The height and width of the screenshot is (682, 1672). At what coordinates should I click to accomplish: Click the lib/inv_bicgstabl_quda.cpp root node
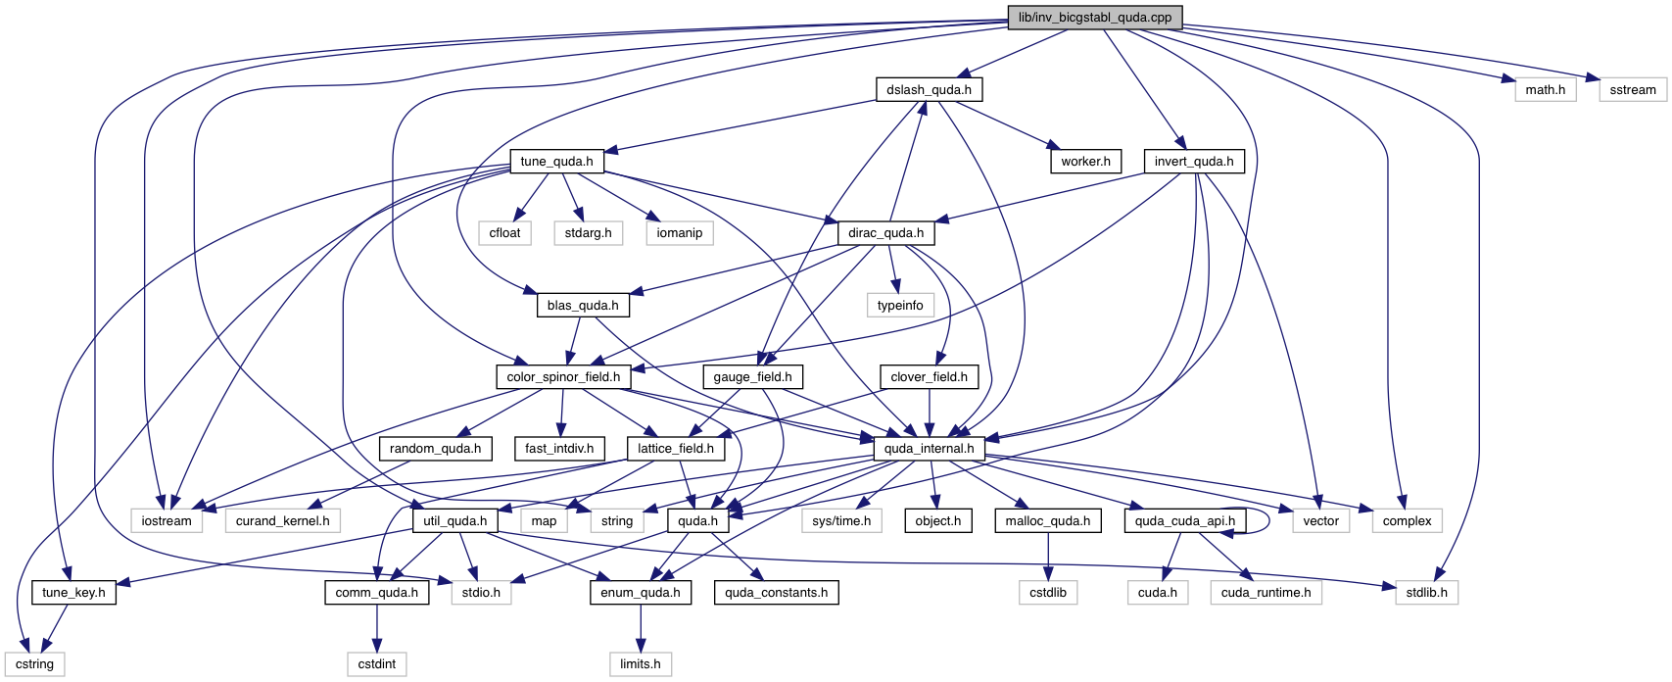[1094, 18]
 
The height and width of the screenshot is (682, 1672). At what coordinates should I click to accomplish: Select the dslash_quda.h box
[929, 90]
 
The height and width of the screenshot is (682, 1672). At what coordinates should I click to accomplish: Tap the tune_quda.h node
[556, 162]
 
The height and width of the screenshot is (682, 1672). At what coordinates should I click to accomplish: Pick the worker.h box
[1085, 162]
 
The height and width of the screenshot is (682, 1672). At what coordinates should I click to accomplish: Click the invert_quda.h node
[1193, 162]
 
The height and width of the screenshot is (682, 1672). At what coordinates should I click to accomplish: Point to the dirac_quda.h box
[885, 233]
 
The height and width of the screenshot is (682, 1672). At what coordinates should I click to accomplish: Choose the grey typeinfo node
[899, 306]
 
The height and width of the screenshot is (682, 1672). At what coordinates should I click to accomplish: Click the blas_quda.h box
[583, 306]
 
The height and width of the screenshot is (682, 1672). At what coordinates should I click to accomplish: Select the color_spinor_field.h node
[562, 377]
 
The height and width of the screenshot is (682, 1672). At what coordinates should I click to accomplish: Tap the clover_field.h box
[929, 377]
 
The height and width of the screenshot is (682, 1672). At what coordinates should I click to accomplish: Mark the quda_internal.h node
[929, 449]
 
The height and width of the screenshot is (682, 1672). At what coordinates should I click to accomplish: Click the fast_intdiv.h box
[558, 449]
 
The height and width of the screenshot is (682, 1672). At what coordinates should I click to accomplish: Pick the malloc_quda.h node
[1047, 521]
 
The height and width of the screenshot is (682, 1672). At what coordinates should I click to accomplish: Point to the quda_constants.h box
[776, 593]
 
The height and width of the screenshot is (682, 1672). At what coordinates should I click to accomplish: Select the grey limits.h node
[640, 664]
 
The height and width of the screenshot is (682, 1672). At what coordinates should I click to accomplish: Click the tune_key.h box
[73, 593]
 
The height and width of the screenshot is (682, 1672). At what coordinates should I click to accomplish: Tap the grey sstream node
[1632, 90]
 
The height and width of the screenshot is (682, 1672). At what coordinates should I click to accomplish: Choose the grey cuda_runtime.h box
[1266, 593]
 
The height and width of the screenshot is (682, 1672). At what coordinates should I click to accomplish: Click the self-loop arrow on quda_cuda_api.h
[1268, 520]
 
